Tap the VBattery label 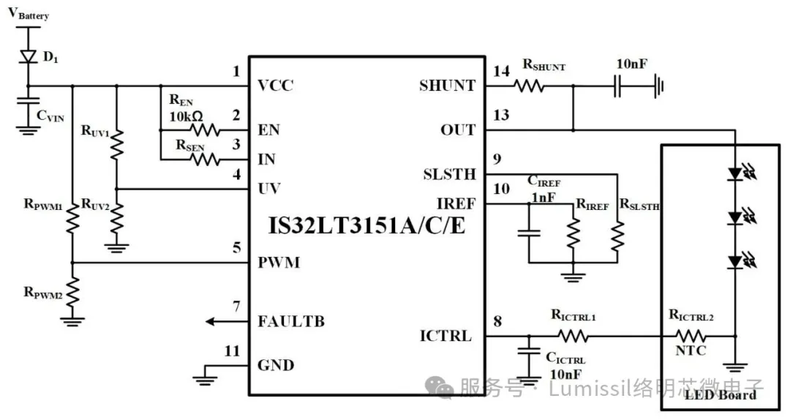coord(29,14)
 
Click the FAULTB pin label coord(290,321)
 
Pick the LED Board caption coord(721,395)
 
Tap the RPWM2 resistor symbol coord(72,293)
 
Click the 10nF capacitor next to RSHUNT coord(618,86)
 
